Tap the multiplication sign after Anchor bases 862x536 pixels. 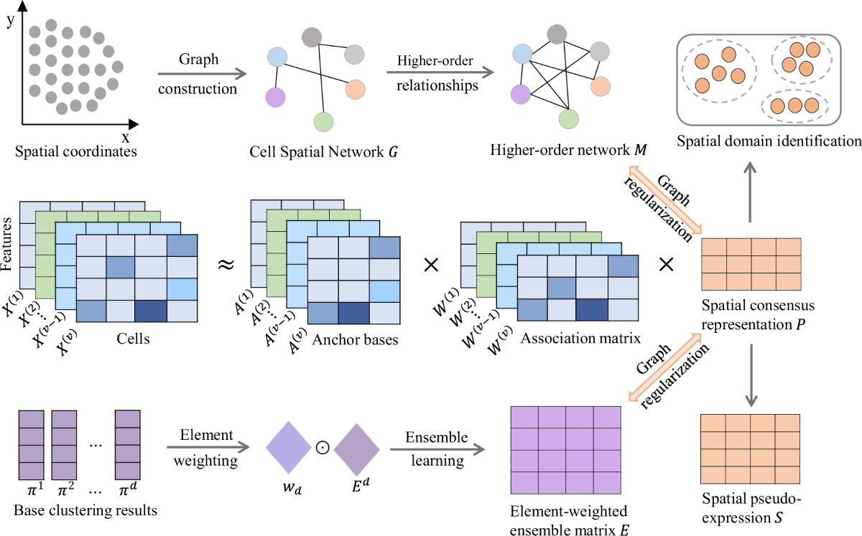click(432, 265)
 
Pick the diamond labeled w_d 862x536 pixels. click(288, 445)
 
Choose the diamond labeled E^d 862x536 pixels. click(356, 445)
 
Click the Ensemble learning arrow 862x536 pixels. click(437, 449)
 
